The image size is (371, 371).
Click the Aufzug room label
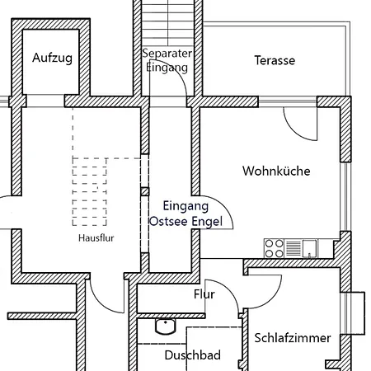tap(52, 58)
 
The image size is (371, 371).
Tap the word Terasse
tap(275, 60)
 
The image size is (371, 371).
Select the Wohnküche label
tap(276, 171)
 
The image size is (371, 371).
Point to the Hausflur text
tap(96, 237)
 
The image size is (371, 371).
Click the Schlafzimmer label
tap(293, 338)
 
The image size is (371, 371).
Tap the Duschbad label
tap(192, 355)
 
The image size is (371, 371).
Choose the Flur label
tap(204, 294)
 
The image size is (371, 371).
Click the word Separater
tap(167, 54)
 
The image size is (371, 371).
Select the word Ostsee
tap(168, 222)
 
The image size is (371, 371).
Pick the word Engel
tap(207, 222)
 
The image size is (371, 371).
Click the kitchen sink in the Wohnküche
tap(309, 249)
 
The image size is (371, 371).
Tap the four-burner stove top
tap(274, 248)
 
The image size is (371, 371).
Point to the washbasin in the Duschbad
tap(166, 326)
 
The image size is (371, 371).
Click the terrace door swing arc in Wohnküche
tap(294, 133)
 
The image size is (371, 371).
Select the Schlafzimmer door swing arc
tap(272, 299)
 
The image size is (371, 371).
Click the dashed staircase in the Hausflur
tap(90, 191)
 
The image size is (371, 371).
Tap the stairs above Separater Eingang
tap(168, 23)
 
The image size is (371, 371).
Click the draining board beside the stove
tap(294, 248)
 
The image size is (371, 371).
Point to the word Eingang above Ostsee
tap(185, 206)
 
